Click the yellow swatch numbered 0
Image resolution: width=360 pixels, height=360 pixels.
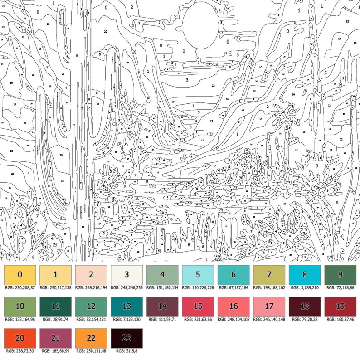[20, 274]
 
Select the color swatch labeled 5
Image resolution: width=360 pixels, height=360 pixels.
[198, 274]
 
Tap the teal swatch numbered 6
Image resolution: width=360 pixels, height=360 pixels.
[234, 274]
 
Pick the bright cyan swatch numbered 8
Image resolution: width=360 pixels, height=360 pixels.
[305, 274]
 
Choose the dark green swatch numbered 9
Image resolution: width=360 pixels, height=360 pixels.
[341, 274]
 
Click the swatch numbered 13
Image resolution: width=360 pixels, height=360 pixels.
[126, 306]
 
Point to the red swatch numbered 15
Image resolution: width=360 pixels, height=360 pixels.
[198, 306]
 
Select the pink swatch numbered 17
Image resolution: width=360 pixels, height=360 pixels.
[269, 306]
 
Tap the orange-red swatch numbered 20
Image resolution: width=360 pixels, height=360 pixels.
[20, 338]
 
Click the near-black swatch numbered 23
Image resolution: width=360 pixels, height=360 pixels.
[126, 338]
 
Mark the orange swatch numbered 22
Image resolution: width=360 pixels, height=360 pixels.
[91, 338]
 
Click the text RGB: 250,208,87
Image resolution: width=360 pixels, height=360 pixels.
[20, 287]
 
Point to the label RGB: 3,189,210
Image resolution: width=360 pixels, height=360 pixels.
[305, 287]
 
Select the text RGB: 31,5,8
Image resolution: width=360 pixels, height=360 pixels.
[126, 351]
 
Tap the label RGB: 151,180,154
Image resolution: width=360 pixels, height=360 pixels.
[162, 287]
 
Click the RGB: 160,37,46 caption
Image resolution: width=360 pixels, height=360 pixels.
[341, 319]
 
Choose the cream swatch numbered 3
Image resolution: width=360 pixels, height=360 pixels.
[126, 274]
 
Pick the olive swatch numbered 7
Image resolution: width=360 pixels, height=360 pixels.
[269, 274]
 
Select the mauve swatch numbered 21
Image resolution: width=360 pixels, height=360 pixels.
[55, 338]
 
